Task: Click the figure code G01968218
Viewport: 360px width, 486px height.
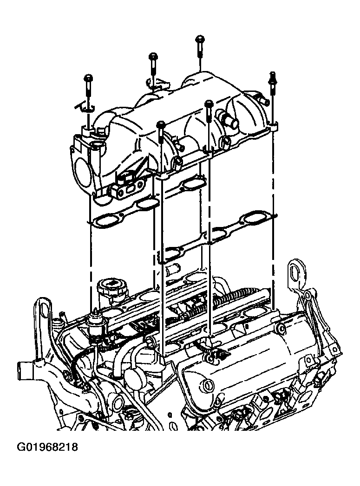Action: click(x=47, y=447)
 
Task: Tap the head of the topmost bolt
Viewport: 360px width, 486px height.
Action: click(x=200, y=39)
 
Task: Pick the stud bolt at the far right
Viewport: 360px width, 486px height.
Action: click(x=272, y=83)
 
